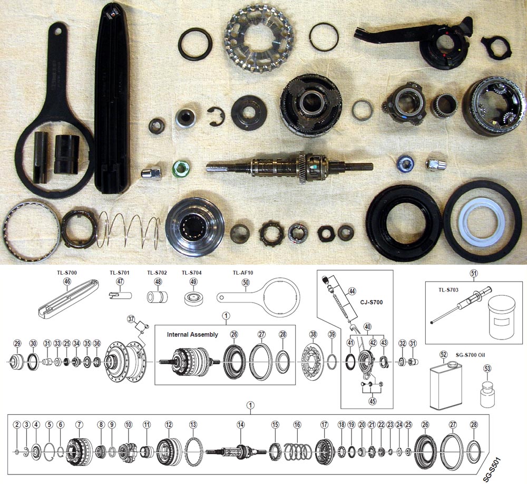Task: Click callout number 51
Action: [x=473, y=273]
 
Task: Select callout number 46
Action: [x=67, y=282]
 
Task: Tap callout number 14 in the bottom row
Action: [x=240, y=424]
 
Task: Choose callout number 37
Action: [x=131, y=319]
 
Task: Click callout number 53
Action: [x=486, y=368]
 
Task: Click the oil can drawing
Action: [x=441, y=388]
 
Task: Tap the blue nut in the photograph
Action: [x=406, y=164]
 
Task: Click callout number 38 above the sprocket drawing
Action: [x=313, y=334]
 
